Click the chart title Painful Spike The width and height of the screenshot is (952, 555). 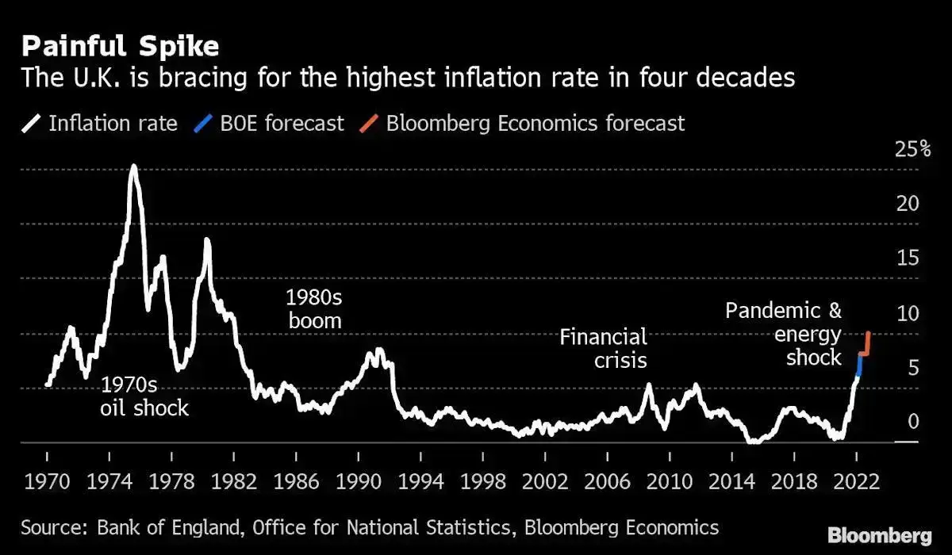click(x=120, y=46)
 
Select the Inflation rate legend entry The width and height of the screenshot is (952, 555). click(x=101, y=124)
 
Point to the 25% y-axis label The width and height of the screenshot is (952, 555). click(x=912, y=150)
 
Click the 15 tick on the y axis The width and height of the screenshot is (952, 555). click(x=907, y=258)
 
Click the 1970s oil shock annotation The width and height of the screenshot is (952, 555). click(x=144, y=396)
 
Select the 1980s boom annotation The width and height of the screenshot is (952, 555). click(x=314, y=309)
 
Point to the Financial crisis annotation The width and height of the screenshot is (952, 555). click(x=604, y=348)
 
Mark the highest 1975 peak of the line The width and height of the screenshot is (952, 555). click(x=133, y=167)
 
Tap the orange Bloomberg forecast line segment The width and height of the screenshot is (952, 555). click(x=866, y=343)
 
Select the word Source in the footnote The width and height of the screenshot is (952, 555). click(x=48, y=527)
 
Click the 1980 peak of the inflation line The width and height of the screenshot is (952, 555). click(x=207, y=240)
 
